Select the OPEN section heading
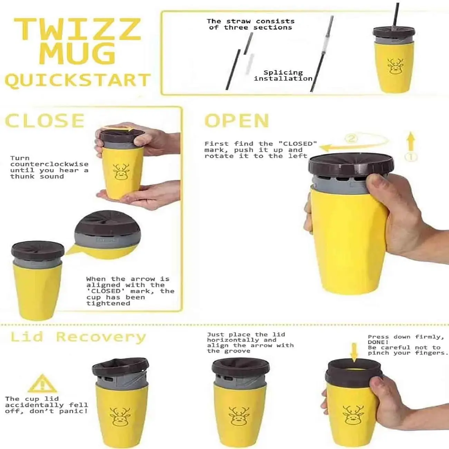237,121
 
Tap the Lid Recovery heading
78,337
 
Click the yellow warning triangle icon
42,383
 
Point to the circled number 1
410,157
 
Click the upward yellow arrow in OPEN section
410,142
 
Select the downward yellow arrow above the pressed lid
354,352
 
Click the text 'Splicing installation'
283,76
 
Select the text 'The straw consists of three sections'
250,24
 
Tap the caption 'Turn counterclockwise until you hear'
49,167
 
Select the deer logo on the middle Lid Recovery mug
239,416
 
